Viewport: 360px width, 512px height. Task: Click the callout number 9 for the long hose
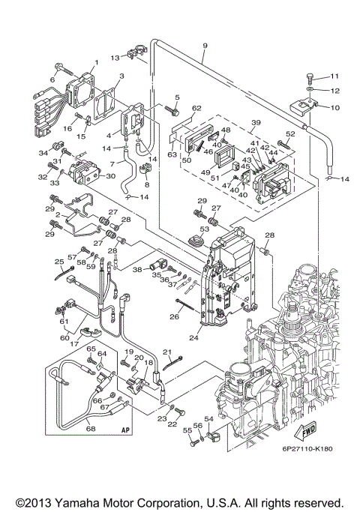205,46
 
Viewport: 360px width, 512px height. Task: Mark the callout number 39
255,123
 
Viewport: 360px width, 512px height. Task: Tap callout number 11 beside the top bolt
335,76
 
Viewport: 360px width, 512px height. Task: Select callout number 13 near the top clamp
115,57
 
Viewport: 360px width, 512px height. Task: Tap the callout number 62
196,109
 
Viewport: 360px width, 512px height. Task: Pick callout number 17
74,343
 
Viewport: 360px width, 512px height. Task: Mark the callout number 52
289,133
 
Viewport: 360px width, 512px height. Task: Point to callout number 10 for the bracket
335,106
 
